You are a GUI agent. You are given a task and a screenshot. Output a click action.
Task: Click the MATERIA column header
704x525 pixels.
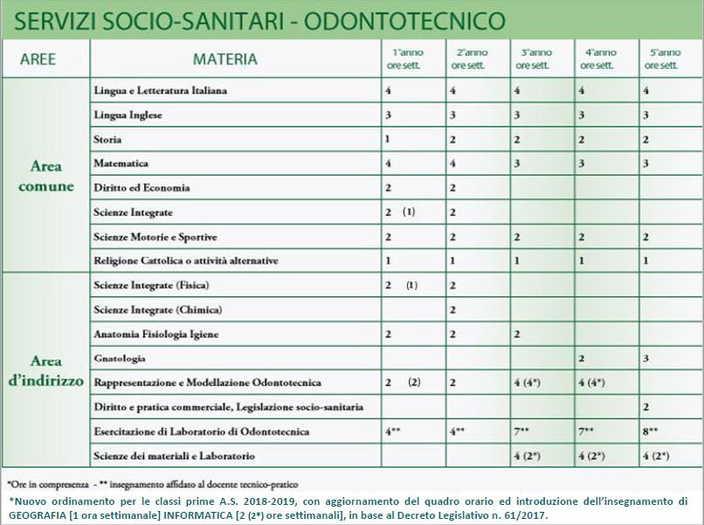coord(225,59)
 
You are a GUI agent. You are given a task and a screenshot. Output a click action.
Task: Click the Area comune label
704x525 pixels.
coord(46,176)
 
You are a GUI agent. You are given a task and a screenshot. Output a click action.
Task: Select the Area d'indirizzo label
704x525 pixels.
coord(46,370)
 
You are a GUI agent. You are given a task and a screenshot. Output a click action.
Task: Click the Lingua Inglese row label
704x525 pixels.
coord(128,115)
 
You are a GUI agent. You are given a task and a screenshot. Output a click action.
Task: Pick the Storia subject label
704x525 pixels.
coord(107,140)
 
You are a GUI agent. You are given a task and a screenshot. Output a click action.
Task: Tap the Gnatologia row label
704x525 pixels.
coord(120,358)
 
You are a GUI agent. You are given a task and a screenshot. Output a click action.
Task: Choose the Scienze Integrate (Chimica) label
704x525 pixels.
coord(157,310)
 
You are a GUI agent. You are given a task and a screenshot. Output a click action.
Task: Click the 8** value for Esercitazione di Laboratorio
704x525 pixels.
coord(651,432)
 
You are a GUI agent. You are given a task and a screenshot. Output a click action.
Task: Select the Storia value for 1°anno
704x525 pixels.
coord(387,140)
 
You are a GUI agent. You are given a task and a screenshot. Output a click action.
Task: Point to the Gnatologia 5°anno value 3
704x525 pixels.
coord(645,358)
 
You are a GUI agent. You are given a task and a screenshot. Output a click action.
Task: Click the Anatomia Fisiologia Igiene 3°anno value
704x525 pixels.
coord(517,335)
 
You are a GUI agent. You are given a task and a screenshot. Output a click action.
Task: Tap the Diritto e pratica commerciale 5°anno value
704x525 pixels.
coord(645,407)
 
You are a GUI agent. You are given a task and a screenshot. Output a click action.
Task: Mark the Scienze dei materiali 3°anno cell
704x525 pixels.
coord(530,456)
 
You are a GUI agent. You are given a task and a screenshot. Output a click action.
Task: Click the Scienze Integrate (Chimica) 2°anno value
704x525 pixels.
coord(452,310)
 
